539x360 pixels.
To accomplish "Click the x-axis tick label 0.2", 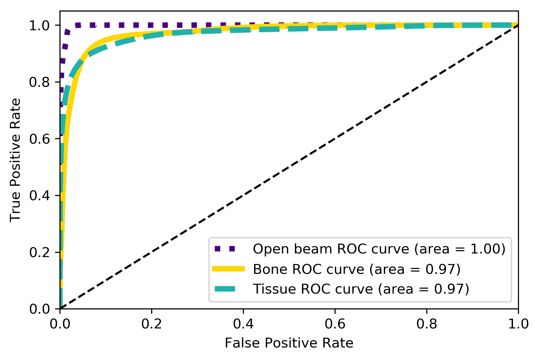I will [x=151, y=324].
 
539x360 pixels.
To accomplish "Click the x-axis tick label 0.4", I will [x=243, y=324].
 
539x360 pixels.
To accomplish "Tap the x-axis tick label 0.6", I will [x=335, y=324].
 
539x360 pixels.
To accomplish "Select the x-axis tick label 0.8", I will [x=426, y=324].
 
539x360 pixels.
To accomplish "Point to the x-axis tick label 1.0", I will [x=518, y=324].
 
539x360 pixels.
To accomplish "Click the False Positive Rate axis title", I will [x=289, y=343].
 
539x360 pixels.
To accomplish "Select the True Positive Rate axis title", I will [x=15, y=160].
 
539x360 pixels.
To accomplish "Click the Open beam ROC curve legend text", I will [x=379, y=249].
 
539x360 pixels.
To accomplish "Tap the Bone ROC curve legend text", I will [x=357, y=269].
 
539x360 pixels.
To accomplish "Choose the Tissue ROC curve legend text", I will [x=361, y=289].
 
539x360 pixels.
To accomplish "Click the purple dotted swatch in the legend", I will [x=228, y=249].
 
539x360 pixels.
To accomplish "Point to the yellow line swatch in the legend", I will [x=228, y=269].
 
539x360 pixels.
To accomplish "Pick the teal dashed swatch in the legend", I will [x=228, y=289].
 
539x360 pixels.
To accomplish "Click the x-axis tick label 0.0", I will [x=60, y=324].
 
